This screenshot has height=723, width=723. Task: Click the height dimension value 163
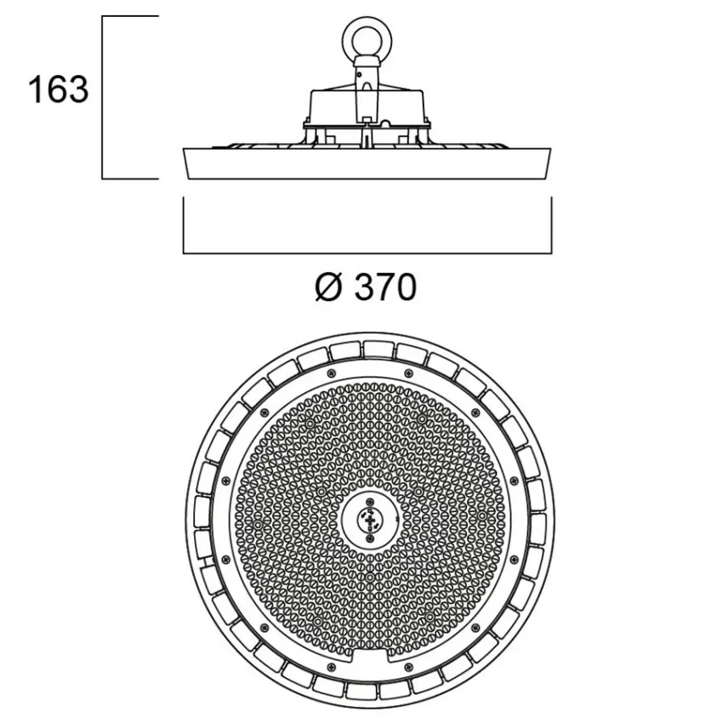click(x=59, y=89)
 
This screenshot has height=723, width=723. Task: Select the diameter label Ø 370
click(x=366, y=287)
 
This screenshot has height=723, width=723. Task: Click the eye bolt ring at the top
click(x=367, y=37)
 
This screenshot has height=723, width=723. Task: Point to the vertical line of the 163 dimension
click(x=103, y=98)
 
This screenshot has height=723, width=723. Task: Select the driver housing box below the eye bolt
click(x=367, y=106)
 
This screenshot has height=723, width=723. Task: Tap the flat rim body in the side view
click(x=367, y=163)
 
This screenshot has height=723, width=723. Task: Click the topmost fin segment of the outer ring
click(x=379, y=349)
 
